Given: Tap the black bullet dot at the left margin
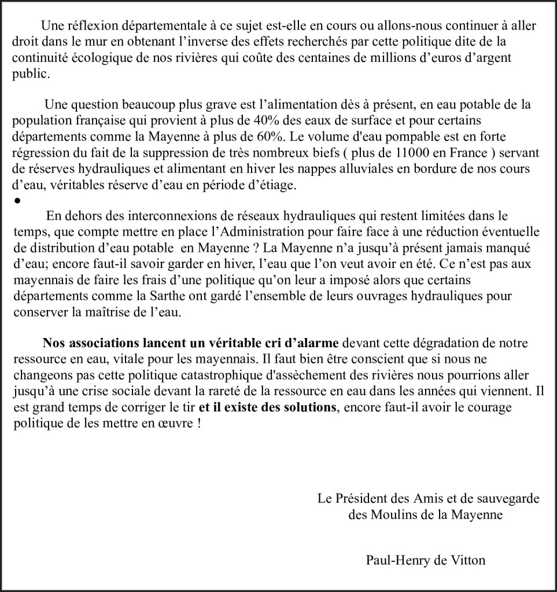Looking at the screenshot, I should (17, 201).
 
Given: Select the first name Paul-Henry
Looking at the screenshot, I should (394, 560).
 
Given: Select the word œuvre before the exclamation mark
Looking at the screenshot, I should (177, 422).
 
